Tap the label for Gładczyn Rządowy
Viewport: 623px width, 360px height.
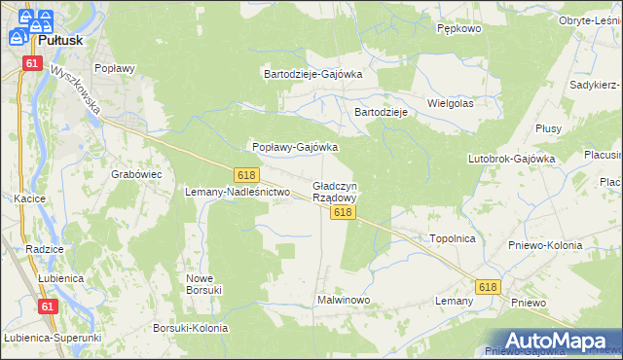coord(335,192)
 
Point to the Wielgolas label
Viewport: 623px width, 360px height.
coord(450,102)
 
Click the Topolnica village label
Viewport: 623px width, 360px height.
coord(452,237)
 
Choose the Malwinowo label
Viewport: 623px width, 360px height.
coord(344,300)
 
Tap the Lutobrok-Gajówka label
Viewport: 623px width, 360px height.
coord(511,158)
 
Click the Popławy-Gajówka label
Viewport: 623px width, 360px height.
coord(295,147)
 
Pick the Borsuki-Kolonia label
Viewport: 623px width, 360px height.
coord(191,328)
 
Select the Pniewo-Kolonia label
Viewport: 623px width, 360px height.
coord(545,245)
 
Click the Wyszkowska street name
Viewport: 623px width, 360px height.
coord(77,91)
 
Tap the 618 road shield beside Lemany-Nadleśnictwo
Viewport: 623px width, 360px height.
coord(245,174)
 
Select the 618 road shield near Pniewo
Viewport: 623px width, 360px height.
coord(488,286)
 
